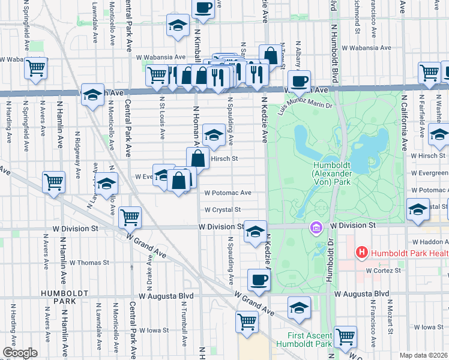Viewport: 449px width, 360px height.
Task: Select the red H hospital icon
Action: tap(361, 253)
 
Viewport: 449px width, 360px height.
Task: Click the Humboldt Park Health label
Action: tap(408, 253)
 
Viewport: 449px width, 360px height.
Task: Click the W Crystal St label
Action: tap(222, 210)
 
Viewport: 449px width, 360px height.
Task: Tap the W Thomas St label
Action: tap(89, 262)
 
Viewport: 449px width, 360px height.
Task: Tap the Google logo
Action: tap(20, 353)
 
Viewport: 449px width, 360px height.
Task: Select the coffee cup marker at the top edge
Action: tap(203, 7)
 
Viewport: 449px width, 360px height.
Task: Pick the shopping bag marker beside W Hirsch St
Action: tap(197, 158)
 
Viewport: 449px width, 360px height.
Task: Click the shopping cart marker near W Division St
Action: tap(130, 216)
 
